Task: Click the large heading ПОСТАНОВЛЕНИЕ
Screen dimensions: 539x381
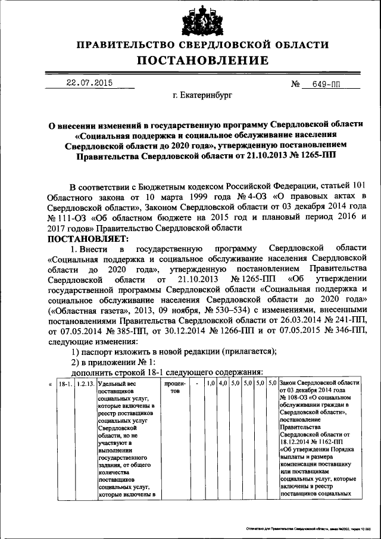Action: pos(191,60)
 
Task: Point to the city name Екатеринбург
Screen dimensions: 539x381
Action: pos(202,95)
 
